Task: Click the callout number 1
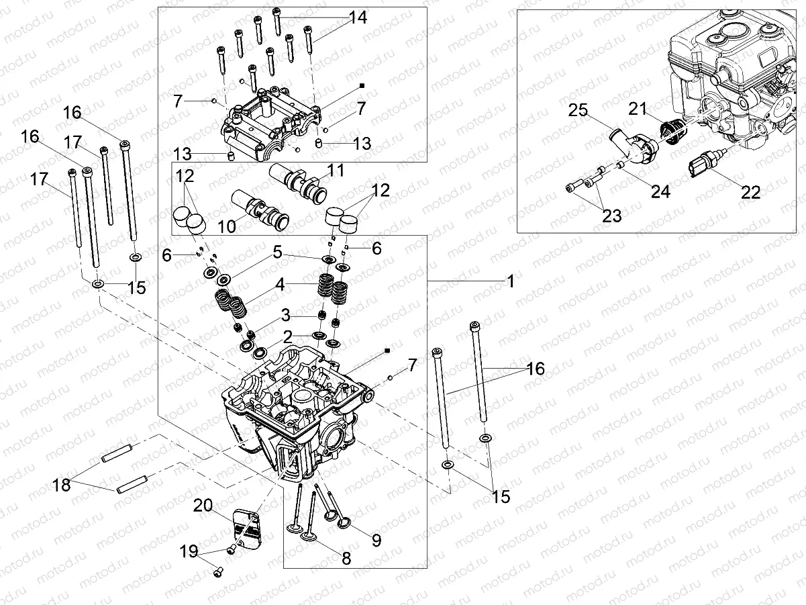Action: [x=510, y=281]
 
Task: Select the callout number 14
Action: [x=358, y=18]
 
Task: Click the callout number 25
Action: [x=578, y=110]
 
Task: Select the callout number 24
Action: [x=661, y=192]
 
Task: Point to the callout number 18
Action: [x=62, y=484]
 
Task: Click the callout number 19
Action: [x=190, y=552]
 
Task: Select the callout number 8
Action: [x=346, y=558]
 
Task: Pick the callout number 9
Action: [x=376, y=539]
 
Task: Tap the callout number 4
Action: [x=280, y=284]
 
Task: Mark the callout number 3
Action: [x=285, y=314]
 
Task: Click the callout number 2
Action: [x=287, y=336]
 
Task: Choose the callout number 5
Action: [x=278, y=253]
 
